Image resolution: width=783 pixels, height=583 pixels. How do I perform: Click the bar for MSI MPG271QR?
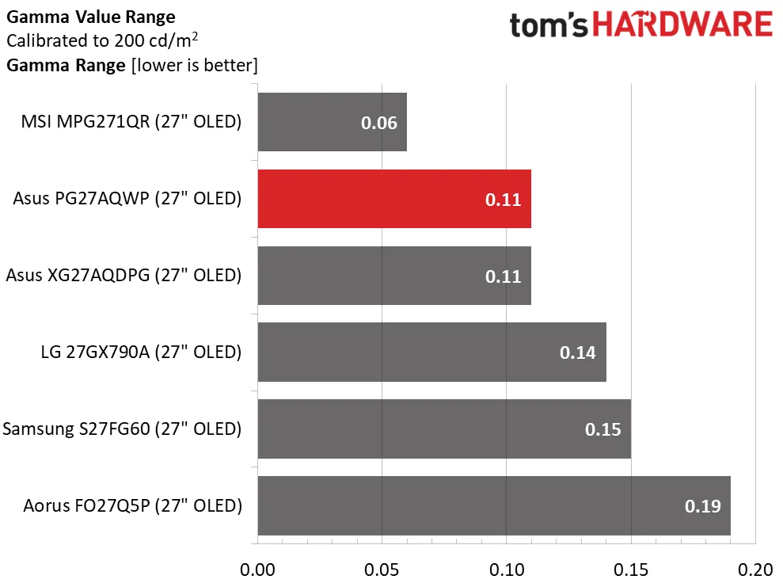[332, 122]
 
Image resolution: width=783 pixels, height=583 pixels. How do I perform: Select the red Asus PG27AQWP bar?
[393, 199]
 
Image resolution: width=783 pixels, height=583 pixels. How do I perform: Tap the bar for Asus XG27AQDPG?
[393, 276]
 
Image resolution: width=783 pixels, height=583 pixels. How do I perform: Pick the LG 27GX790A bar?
[431, 352]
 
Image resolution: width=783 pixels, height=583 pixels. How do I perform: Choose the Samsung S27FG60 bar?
[443, 429]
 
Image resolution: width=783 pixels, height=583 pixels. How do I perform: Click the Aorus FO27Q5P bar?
[493, 505]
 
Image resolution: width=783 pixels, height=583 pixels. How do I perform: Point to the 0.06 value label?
[378, 124]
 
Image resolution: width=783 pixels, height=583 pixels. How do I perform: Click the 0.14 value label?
[577, 353]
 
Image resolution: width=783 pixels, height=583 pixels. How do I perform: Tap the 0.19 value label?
[702, 506]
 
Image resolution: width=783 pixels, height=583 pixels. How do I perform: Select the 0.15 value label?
[602, 430]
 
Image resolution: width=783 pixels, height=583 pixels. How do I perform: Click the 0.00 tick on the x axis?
[257, 570]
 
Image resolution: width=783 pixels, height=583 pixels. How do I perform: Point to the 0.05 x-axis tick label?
[382, 570]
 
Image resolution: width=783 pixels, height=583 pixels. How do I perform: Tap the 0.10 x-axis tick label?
[507, 570]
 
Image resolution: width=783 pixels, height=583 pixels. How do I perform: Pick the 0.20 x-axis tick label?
[755, 570]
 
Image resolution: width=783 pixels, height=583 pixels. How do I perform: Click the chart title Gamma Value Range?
[90, 17]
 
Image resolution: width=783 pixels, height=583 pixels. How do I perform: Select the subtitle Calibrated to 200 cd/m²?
[102, 40]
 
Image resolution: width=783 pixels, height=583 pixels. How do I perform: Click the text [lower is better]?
[194, 65]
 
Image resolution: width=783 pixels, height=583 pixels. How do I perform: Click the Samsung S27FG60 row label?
[122, 429]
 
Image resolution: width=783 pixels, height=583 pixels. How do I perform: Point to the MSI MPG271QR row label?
[131, 122]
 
